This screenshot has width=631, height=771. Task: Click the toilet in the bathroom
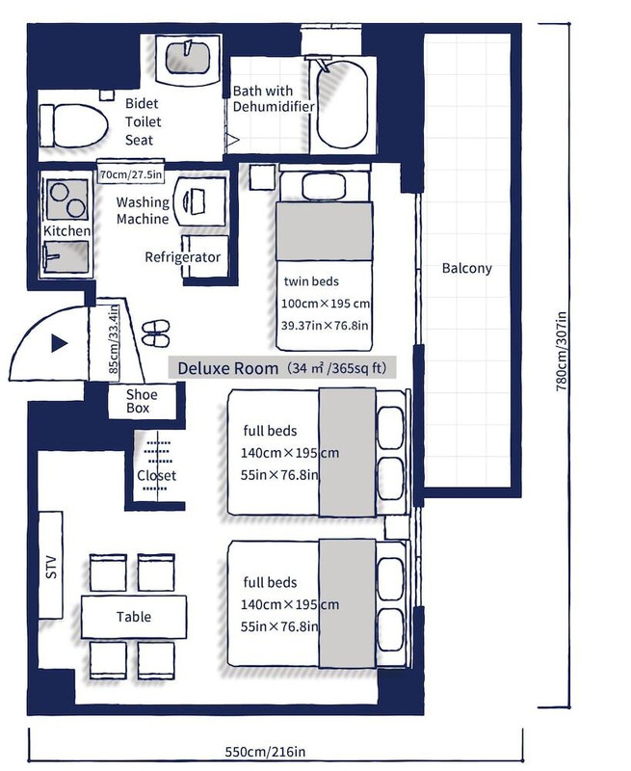point(74,125)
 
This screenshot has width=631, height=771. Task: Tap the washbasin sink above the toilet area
point(188,58)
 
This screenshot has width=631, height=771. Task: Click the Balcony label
point(466,268)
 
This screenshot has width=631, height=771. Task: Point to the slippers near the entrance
point(156,332)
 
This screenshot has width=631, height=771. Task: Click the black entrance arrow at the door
point(59,343)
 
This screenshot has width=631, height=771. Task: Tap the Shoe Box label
point(142,401)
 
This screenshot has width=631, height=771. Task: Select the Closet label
point(156,475)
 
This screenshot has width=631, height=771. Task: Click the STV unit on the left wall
point(51,565)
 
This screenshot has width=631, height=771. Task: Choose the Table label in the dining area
point(134,617)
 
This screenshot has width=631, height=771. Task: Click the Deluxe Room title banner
point(281,367)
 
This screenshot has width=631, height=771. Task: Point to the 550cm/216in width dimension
point(265,752)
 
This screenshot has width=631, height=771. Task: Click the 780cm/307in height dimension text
point(562,351)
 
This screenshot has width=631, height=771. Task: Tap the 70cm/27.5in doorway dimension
point(131,174)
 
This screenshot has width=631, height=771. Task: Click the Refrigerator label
point(183,257)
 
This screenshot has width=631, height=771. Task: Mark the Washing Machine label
point(143,210)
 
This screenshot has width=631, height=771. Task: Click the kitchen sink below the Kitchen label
point(66,256)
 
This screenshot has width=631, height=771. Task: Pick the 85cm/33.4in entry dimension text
point(113,339)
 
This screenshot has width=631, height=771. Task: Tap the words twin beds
point(311,281)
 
